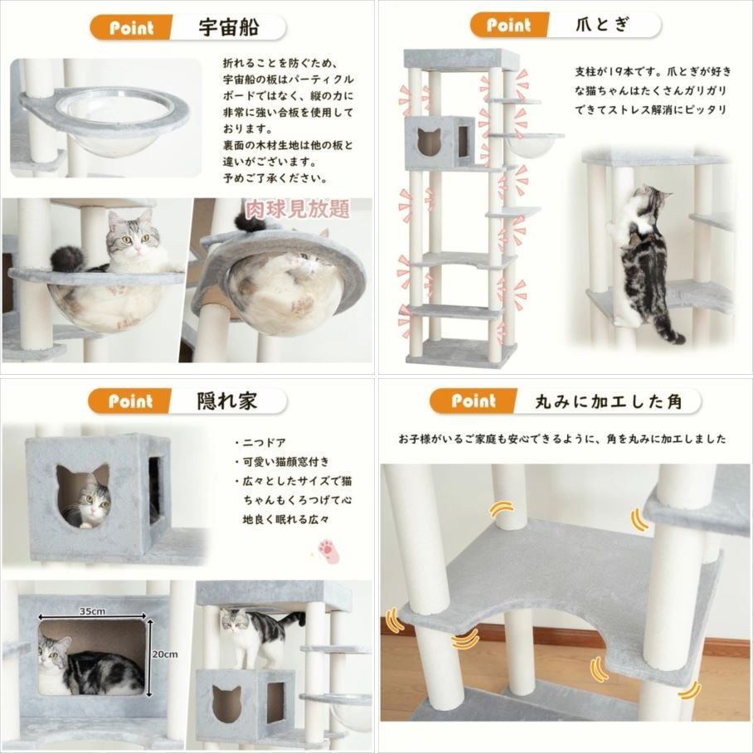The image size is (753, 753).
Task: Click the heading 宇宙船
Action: (x=229, y=27)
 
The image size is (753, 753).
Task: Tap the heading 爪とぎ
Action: (x=603, y=24)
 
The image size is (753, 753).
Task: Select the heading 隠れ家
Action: (x=226, y=401)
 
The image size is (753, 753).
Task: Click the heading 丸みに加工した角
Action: (x=609, y=401)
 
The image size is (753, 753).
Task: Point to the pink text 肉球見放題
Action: (x=298, y=209)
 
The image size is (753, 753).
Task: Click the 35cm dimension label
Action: (x=93, y=611)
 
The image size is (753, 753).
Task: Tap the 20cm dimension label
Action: (x=165, y=654)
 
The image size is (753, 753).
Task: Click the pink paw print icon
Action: (x=329, y=551)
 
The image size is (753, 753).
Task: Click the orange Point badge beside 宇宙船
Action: (x=131, y=27)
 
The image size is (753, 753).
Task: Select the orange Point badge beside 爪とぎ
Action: (x=508, y=25)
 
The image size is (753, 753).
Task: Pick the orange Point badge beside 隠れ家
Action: (x=129, y=401)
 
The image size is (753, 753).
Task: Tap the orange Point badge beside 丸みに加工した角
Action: (x=473, y=401)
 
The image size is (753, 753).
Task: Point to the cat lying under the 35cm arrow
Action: (x=91, y=665)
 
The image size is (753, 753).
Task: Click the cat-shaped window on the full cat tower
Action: (x=429, y=142)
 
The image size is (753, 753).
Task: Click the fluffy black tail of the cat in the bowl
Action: (x=67, y=259)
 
